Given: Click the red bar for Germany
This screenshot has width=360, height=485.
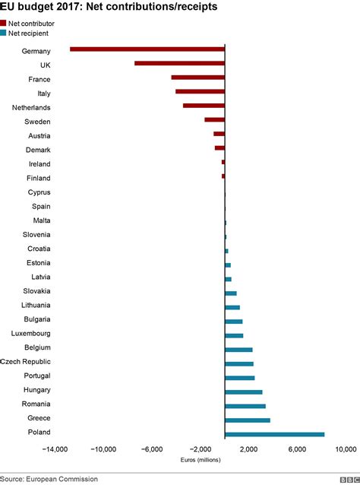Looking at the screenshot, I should (x=147, y=49).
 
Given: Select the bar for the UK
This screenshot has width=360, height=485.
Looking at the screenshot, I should (x=179, y=64).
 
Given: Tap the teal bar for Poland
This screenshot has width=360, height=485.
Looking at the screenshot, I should (x=274, y=434).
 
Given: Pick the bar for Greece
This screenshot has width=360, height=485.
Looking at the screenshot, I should (x=248, y=420).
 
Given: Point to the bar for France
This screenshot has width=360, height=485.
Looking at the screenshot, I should (x=197, y=78).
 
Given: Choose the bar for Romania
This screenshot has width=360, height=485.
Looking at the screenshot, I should (x=245, y=406).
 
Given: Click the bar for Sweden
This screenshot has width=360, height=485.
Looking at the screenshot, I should (x=214, y=120).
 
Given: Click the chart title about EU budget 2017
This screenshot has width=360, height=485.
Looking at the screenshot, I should (x=109, y=7).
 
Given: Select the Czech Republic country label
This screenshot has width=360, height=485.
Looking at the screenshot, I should (x=25, y=363).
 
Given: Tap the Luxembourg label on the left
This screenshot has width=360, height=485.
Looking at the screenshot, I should (x=30, y=334).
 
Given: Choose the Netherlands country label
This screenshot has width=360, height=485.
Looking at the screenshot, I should (x=31, y=107).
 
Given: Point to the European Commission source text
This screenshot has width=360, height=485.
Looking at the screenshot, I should (x=49, y=479).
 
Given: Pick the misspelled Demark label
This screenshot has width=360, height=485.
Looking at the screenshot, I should (x=38, y=150).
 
